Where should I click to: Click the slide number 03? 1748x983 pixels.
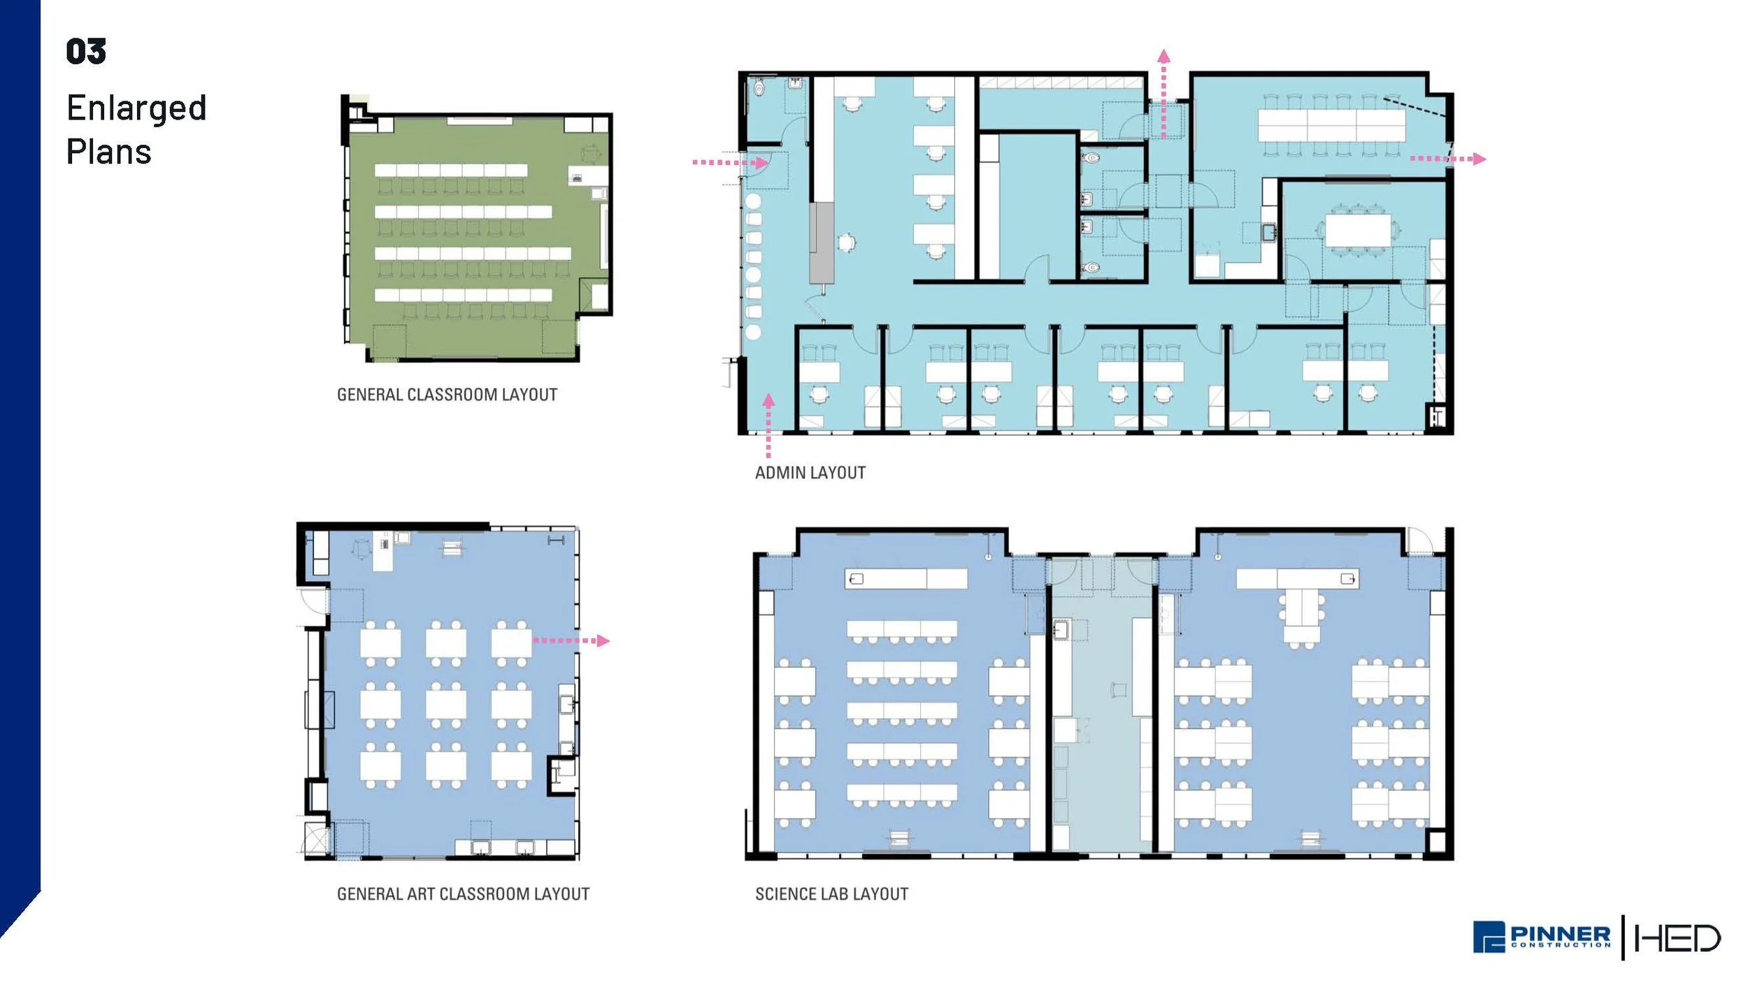click(86, 52)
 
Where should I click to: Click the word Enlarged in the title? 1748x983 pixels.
click(136, 108)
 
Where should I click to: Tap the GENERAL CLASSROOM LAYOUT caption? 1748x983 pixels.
click(447, 395)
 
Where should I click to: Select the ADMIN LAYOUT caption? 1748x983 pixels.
click(810, 473)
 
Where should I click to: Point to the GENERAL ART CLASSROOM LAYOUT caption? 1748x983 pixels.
click(463, 894)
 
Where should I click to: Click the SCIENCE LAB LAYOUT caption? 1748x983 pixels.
click(831, 894)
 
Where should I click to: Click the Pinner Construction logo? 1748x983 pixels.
click(1541, 937)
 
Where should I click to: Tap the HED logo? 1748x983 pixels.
click(1677, 938)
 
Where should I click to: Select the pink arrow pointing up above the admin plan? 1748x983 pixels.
click(1163, 91)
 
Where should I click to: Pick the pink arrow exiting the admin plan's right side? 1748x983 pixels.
click(1447, 159)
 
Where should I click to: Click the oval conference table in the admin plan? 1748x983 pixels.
click(1358, 230)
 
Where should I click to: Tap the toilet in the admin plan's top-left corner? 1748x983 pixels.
click(760, 89)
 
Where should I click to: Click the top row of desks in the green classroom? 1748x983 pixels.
click(450, 170)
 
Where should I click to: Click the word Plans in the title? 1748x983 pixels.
click(109, 152)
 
